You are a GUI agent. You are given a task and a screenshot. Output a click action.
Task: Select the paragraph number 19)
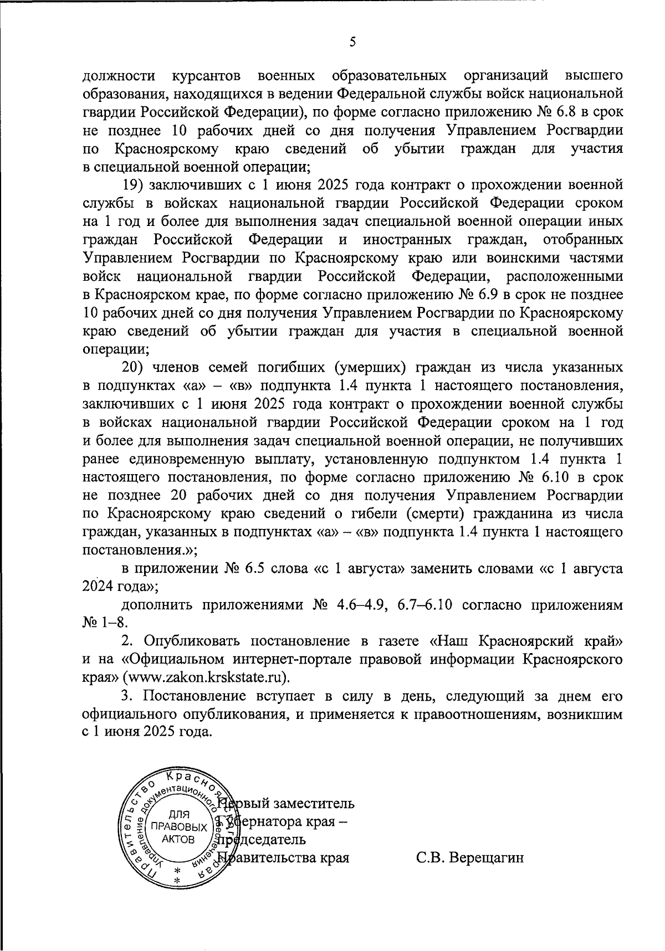click(134, 184)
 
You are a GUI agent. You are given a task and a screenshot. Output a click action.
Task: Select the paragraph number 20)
click(134, 367)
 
